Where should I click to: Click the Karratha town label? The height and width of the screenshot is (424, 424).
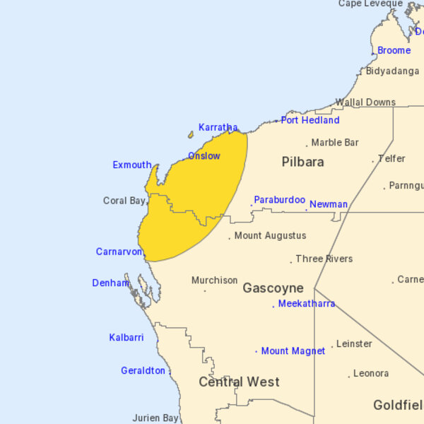pos(218,127)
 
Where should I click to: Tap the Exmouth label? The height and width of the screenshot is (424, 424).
pos(131,165)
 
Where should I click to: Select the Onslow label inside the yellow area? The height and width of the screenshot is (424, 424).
pos(204,155)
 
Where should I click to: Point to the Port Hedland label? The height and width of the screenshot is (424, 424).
pos(310,120)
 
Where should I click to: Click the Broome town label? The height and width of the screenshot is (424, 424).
pos(394,50)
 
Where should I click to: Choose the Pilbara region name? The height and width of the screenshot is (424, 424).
pos(302,162)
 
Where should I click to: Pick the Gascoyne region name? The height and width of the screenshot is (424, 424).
pos(273,288)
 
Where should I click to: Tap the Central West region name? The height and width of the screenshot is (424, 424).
pos(239,382)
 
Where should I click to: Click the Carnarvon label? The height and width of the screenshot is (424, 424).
pos(119,252)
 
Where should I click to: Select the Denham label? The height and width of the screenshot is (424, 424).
pos(110,283)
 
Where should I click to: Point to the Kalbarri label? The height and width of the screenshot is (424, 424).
pos(126,337)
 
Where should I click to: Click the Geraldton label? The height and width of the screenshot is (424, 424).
pos(143,370)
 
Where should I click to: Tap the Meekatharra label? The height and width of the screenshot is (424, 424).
pos(306,304)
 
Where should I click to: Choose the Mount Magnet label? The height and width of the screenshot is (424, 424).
pos(293,351)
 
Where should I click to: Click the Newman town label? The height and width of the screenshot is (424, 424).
pos(329,204)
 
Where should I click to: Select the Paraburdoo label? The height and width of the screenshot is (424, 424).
pos(279,200)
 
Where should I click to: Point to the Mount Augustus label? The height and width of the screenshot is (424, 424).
pos(270,235)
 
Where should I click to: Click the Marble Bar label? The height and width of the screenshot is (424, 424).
pos(335,142)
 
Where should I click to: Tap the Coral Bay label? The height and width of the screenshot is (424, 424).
pos(124,201)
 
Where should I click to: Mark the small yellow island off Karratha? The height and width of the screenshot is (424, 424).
pos(190,134)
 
